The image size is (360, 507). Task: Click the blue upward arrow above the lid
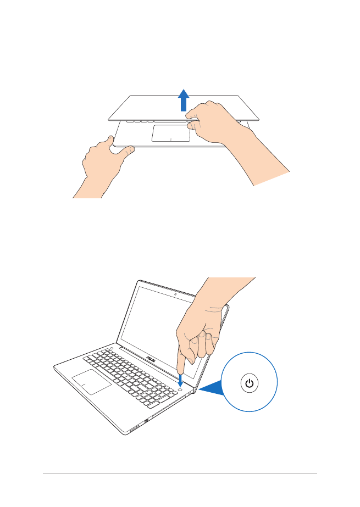pyautogui.click(x=184, y=100)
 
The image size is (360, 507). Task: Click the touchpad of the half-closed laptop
pyautogui.click(x=171, y=133)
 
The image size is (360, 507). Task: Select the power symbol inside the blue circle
pyautogui.click(x=250, y=383)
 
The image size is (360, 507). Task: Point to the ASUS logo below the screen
pyautogui.click(x=151, y=359)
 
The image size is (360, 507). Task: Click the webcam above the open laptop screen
pyautogui.click(x=175, y=294)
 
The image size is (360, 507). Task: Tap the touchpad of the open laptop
pyautogui.click(x=92, y=382)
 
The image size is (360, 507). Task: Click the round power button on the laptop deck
pyautogui.click(x=180, y=389)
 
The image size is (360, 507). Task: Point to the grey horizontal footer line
pyautogui.click(x=180, y=473)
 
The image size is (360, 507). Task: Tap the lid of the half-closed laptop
pyautogui.click(x=184, y=108)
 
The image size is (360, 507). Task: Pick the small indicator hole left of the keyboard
pyautogui.click(x=111, y=348)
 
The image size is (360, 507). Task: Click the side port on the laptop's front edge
pyautogui.click(x=146, y=421)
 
